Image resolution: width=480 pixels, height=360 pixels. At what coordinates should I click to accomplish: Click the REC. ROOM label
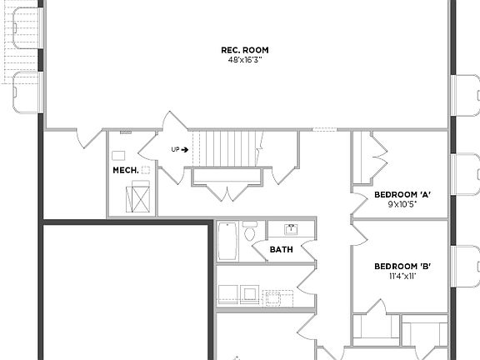pyautogui.click(x=245, y=50)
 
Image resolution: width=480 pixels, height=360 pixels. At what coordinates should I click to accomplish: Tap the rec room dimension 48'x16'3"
pyautogui.click(x=245, y=60)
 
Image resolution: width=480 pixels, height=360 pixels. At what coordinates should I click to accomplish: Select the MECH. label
pyautogui.click(x=125, y=171)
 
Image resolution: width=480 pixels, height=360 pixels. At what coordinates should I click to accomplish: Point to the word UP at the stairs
pyautogui.click(x=175, y=150)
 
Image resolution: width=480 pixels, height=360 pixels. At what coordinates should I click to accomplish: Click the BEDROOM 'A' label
pyautogui.click(x=402, y=194)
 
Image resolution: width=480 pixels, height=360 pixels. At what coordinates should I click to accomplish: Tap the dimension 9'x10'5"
pyautogui.click(x=402, y=203)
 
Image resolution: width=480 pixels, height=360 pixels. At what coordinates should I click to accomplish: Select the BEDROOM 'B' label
pyautogui.click(x=402, y=267)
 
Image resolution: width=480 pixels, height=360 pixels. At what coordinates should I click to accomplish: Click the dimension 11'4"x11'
pyautogui.click(x=402, y=276)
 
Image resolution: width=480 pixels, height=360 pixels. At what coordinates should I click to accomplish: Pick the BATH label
pyautogui.click(x=281, y=249)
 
